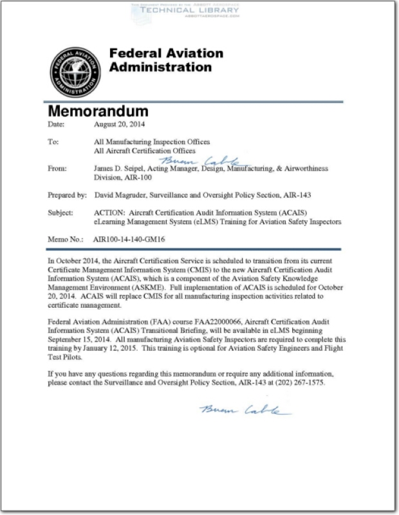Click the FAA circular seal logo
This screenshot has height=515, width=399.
pos(75,71)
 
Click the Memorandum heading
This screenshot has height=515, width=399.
pos(98,111)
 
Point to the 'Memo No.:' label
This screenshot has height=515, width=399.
pos(67,239)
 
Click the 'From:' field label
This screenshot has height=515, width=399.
pos(57,169)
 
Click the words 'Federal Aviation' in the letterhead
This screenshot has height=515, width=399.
pos(166,53)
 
